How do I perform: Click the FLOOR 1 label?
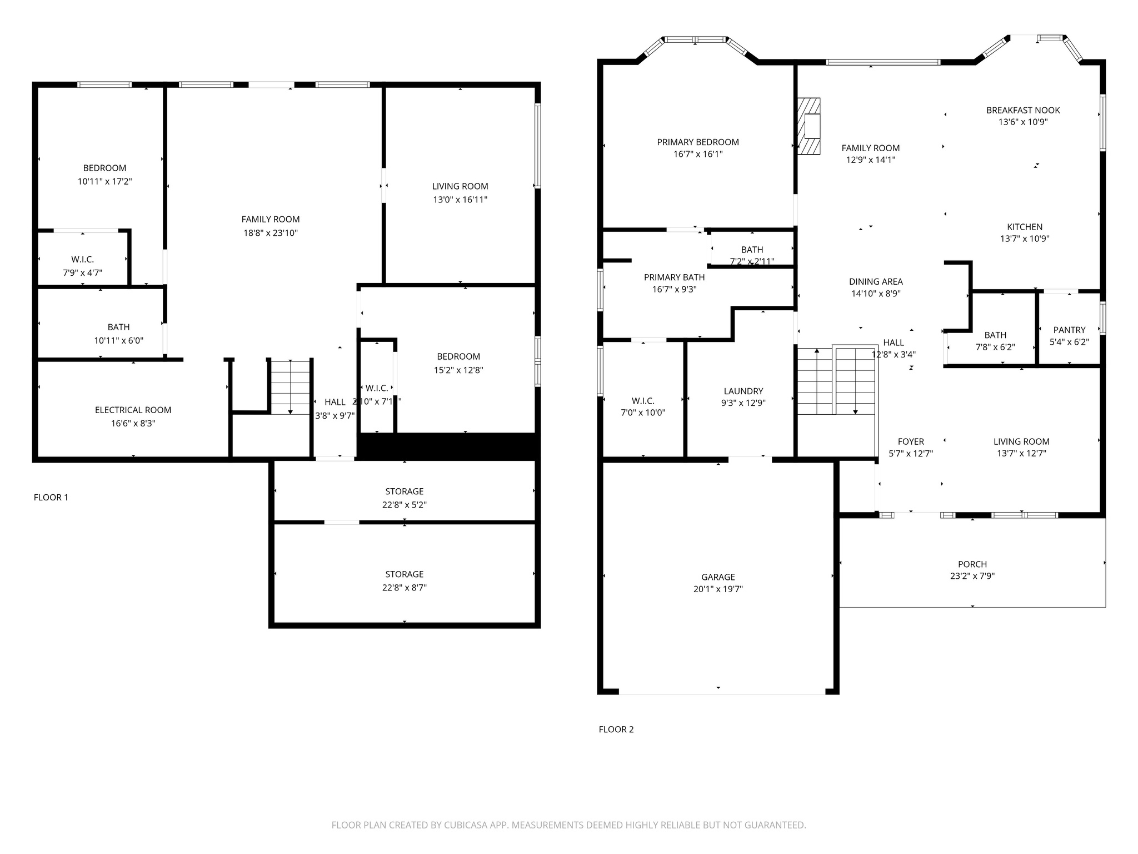coord(51,497)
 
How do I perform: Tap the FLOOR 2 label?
coord(616,729)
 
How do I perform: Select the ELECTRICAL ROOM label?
coord(133,410)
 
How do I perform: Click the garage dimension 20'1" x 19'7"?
coord(718,589)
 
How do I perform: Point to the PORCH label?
coord(972,564)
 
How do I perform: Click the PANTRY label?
coord(1069,330)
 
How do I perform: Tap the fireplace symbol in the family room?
coord(809,126)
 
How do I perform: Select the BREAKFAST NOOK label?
coord(1022,110)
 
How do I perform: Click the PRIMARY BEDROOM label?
coord(697,142)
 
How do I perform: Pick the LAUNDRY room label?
coord(743,391)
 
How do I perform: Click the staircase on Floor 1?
coord(290,386)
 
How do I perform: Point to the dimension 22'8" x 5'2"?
coord(404,505)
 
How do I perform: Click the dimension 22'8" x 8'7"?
coord(404,588)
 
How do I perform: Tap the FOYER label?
coord(910,441)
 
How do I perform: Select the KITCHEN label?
coord(1024,227)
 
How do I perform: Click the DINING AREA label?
coord(875,281)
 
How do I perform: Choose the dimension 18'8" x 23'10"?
coord(270,233)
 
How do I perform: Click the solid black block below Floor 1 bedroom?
coord(447,446)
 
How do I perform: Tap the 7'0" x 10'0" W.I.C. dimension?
coord(642,413)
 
